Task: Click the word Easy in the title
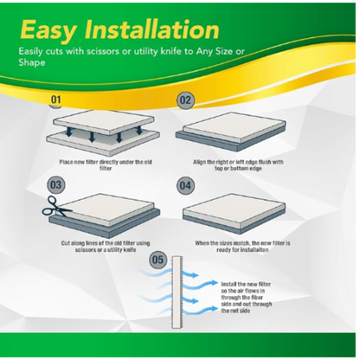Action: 54,30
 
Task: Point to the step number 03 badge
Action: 56,184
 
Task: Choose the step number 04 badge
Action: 186,184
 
